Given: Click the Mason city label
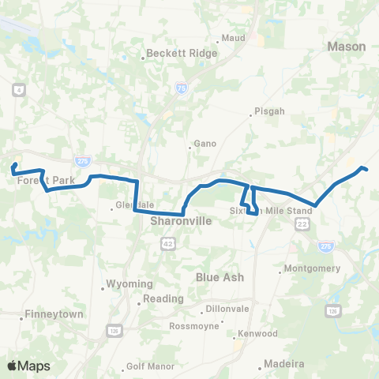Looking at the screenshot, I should [347, 47].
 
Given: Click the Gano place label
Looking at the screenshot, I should [205, 144].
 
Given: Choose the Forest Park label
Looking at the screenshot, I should [46, 181].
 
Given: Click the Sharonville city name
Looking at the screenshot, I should [181, 223].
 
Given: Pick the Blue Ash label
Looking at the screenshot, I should [220, 277].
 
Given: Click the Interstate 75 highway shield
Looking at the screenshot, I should [181, 89].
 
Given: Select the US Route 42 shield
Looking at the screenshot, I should [169, 246].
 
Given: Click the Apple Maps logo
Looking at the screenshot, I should [28, 366].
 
